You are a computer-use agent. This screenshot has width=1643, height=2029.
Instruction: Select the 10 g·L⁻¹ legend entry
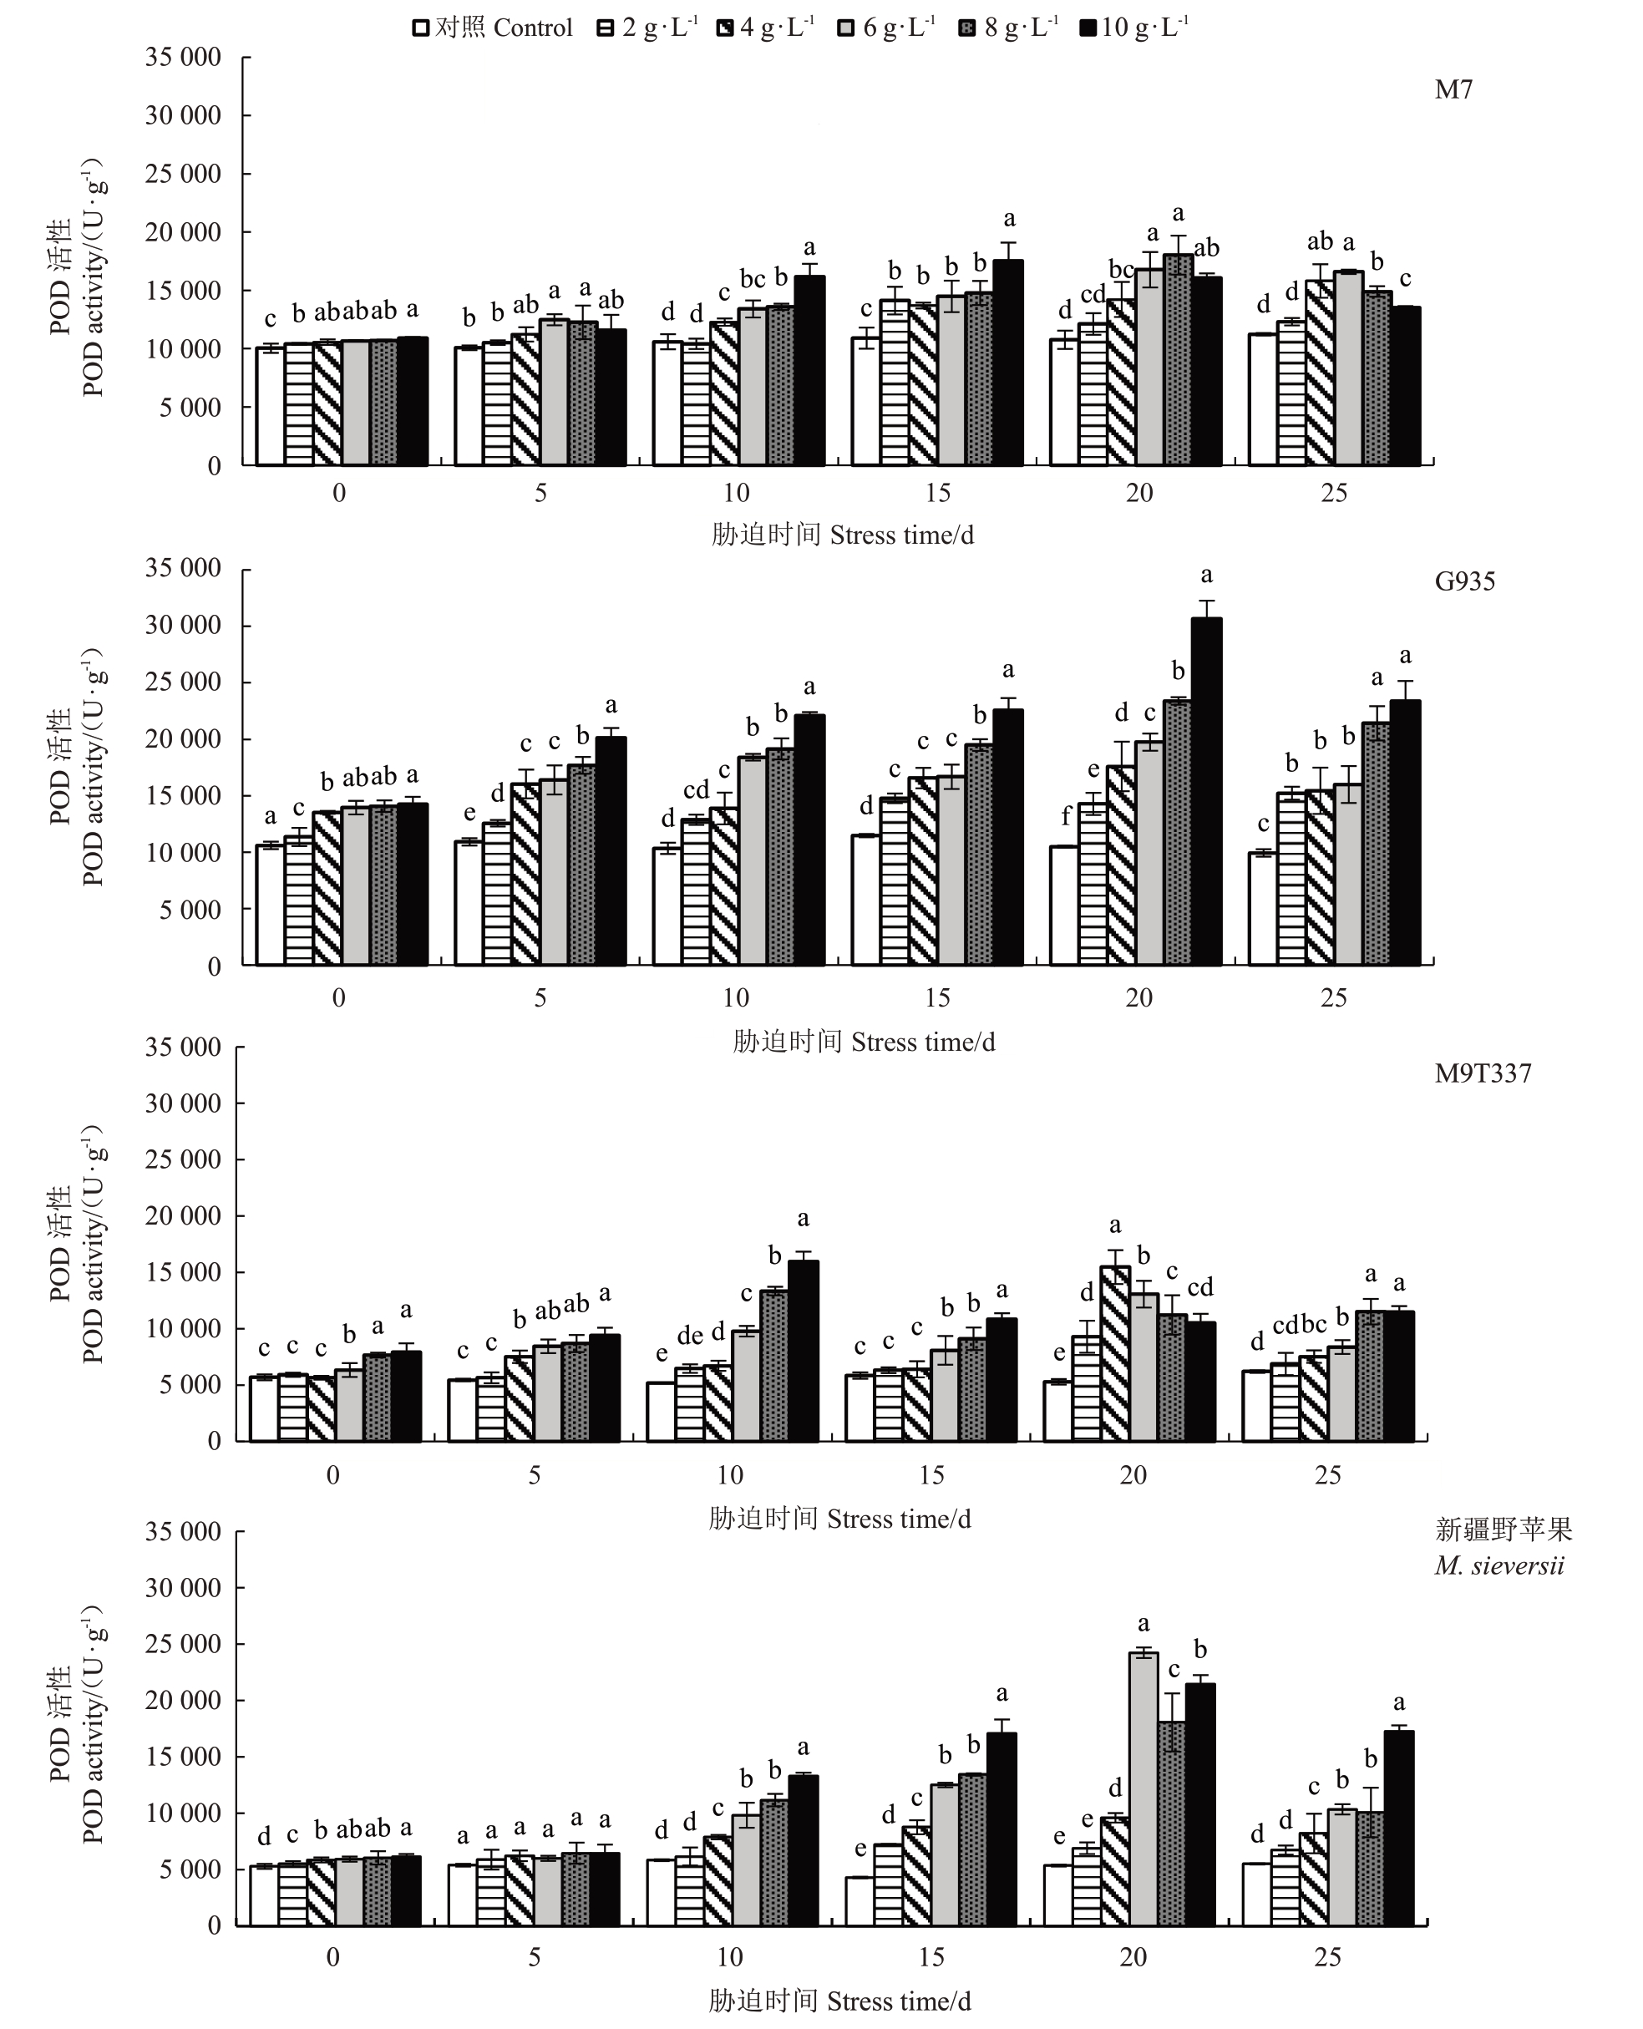(x=1133, y=28)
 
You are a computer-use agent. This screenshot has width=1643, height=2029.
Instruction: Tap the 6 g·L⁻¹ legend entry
(x=887, y=28)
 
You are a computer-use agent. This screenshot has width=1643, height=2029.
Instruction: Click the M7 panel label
(x=1453, y=90)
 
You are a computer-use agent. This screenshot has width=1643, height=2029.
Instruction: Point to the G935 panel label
(x=1464, y=581)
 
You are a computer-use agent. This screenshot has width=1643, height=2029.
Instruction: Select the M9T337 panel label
(x=1482, y=1073)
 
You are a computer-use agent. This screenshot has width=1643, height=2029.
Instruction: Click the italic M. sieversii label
(x=1499, y=1566)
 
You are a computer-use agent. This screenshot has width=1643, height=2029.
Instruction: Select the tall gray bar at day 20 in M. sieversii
(x=1144, y=1788)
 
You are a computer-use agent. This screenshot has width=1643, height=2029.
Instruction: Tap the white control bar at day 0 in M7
(x=270, y=406)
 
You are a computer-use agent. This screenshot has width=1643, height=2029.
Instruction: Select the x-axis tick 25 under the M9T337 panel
(x=1327, y=1475)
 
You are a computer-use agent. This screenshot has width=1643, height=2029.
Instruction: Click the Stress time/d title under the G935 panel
(x=863, y=1042)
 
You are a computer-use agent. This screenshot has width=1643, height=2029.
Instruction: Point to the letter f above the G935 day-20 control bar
(x=1066, y=816)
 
